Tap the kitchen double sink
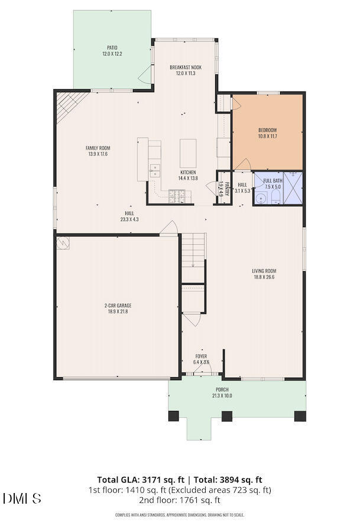pos(155,171)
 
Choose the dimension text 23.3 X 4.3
pos(129,219)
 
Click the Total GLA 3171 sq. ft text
pos(141,479)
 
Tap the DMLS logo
pos(22,498)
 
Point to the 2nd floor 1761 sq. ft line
pos(180,500)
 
